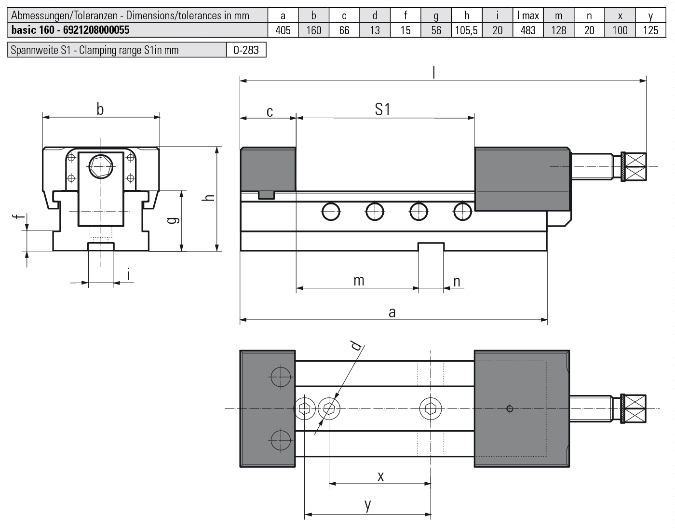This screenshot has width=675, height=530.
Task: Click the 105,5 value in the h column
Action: click(x=466, y=30)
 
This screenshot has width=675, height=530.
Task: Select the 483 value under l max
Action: click(x=528, y=30)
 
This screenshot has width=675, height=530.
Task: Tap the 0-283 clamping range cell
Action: click(x=246, y=50)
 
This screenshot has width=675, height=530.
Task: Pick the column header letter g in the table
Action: click(x=436, y=16)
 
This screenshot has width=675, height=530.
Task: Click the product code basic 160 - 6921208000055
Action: click(x=70, y=30)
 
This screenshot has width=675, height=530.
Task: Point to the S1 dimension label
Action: click(x=382, y=109)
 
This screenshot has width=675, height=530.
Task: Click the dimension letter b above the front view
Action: click(x=100, y=109)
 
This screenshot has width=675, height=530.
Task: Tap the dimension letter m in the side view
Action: click(x=359, y=281)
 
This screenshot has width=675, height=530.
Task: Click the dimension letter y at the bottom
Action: click(x=367, y=505)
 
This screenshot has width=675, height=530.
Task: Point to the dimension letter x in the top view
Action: click(x=380, y=477)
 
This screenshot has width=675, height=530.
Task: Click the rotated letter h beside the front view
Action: click(x=208, y=198)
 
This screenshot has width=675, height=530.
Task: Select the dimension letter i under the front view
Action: click(x=128, y=274)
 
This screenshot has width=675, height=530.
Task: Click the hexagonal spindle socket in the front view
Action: click(x=101, y=167)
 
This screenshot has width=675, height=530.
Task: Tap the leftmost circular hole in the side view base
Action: click(x=331, y=212)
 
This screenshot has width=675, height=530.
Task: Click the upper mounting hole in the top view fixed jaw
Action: click(x=281, y=377)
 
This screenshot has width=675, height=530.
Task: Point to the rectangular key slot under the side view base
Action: click(x=431, y=246)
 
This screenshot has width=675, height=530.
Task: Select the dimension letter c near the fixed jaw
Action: click(x=270, y=112)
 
